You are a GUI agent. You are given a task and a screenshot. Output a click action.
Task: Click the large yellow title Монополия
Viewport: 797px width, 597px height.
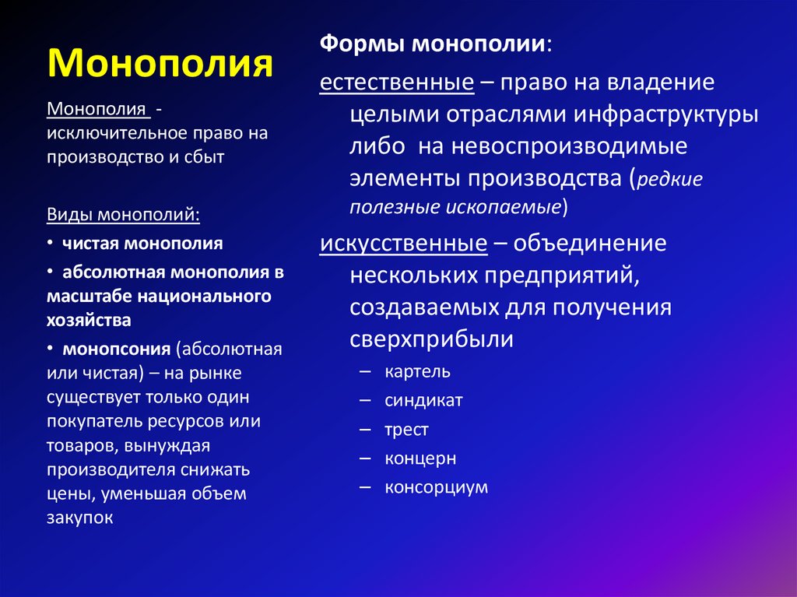point(161,63)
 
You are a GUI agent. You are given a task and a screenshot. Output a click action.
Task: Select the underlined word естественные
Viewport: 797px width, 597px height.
point(397,83)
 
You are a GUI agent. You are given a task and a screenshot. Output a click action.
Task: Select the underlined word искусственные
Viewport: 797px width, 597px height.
point(403,243)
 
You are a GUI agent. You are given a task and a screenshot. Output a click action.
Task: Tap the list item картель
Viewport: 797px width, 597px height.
point(416,371)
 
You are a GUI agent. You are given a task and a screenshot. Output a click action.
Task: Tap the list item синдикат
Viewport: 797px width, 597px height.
point(423,400)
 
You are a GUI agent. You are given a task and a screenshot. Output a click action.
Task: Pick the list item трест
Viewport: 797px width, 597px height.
point(406,430)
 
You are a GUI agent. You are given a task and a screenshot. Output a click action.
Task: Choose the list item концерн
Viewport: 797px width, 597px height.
point(420,458)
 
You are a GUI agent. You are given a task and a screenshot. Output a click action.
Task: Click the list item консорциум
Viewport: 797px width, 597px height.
point(436,487)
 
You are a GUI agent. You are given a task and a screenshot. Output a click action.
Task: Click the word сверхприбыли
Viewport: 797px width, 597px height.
point(430,340)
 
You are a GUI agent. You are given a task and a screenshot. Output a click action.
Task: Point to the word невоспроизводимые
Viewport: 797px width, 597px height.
point(571,147)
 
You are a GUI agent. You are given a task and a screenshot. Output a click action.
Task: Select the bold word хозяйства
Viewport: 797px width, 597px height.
point(88,319)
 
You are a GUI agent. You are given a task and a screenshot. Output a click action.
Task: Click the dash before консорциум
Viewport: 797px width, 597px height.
point(366,487)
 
